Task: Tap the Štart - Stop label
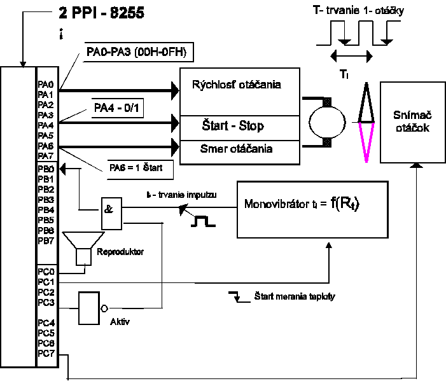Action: click(232, 125)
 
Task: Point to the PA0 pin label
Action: click(45, 84)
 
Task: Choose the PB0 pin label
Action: click(45, 169)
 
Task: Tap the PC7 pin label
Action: click(46, 353)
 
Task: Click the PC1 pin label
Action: click(46, 281)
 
